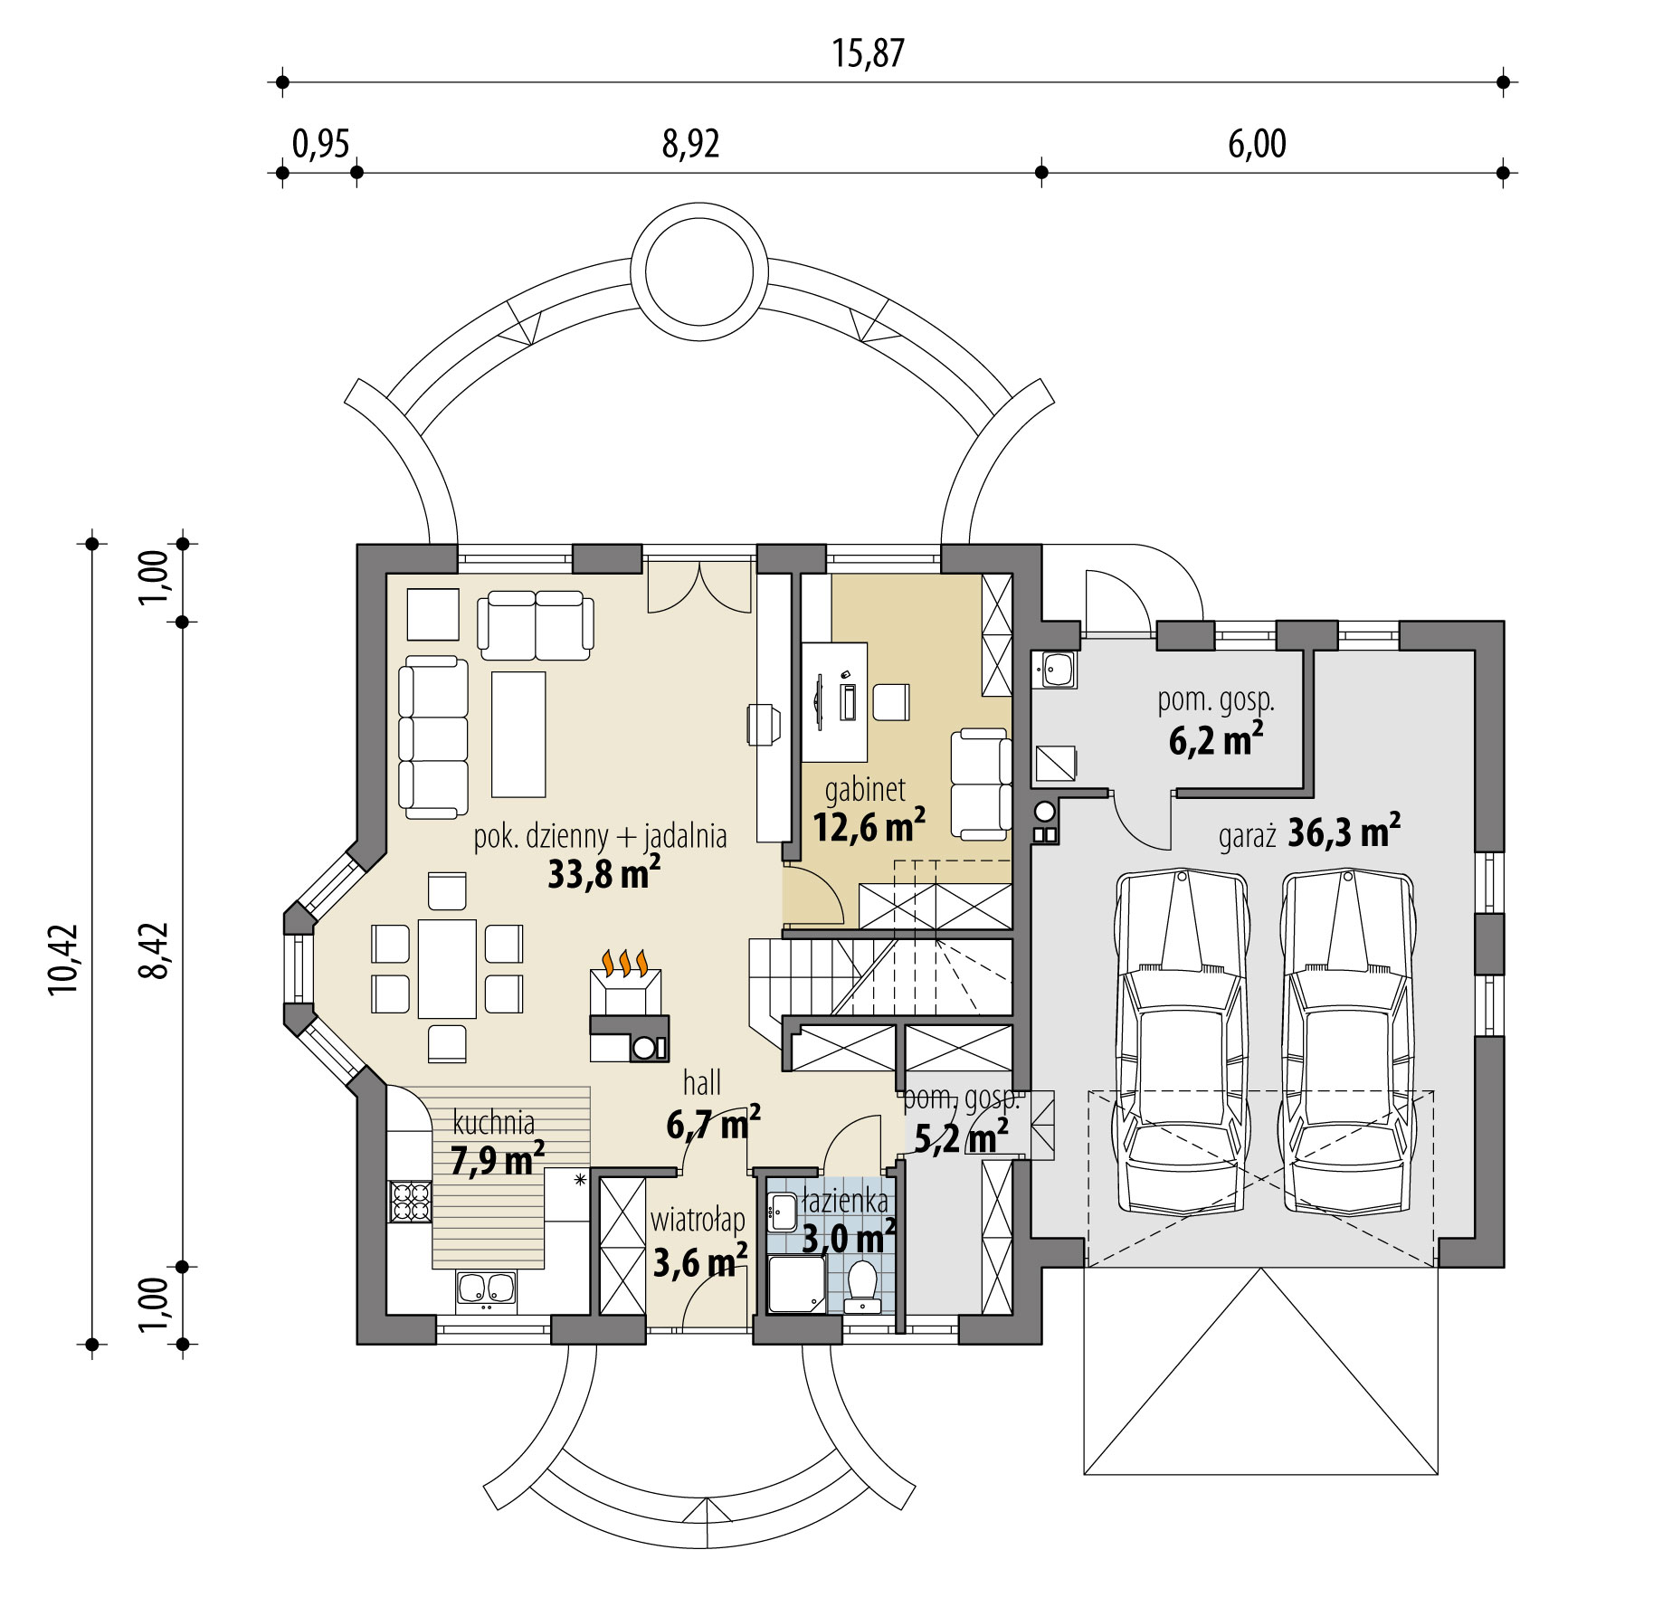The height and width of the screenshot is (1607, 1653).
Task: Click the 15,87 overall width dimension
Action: pyautogui.click(x=868, y=53)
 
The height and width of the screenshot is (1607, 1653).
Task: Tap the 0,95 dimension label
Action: pyautogui.click(x=320, y=144)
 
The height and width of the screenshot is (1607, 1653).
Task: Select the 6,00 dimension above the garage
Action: pyautogui.click(x=1257, y=144)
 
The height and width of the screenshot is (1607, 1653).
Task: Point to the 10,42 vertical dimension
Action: pyautogui.click(x=64, y=959)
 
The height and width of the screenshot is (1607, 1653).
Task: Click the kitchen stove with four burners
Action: pyautogui.click(x=410, y=1202)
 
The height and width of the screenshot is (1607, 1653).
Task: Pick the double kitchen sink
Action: pyautogui.click(x=487, y=1288)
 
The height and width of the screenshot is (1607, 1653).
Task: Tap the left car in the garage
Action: pyautogui.click(x=1182, y=1041)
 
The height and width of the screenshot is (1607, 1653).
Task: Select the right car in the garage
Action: pyautogui.click(x=1347, y=1041)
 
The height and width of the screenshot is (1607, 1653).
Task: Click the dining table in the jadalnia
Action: pyautogui.click(x=447, y=968)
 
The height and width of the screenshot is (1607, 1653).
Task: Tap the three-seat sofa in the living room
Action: pyautogui.click(x=433, y=738)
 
